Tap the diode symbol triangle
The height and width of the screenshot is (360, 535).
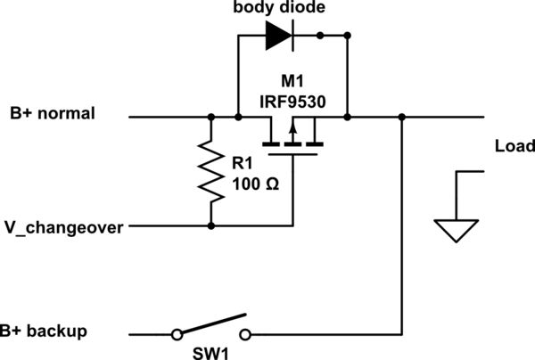tap(277, 36)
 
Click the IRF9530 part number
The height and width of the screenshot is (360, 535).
tap(292, 102)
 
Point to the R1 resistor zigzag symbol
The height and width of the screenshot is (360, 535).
tap(211, 171)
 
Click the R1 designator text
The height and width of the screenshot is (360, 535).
tap(246, 163)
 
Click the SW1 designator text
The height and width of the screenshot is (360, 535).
tap(212, 352)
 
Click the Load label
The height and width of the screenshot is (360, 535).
tap(514, 146)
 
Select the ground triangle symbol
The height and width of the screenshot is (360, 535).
tap(456, 232)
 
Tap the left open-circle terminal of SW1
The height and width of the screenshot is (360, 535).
tap(177, 334)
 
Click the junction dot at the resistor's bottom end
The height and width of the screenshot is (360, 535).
tap(211, 226)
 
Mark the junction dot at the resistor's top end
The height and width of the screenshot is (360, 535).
tap(211, 117)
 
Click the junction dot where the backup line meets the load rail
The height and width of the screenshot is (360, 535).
tap(403, 117)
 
